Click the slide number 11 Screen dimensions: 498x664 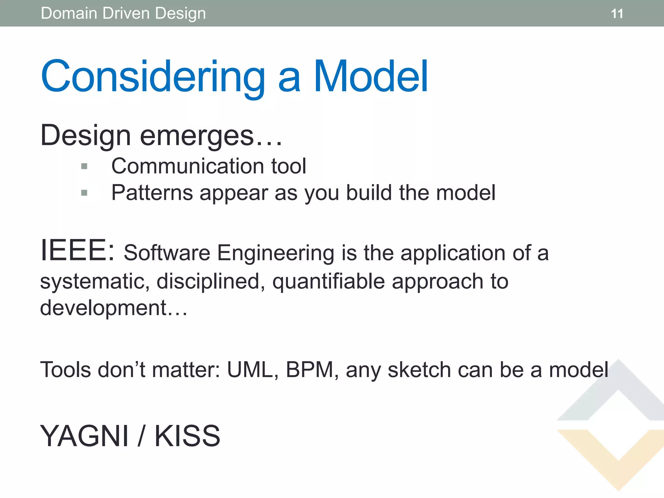[617, 14]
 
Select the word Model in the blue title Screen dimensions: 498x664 [371, 77]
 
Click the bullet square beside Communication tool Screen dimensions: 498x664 [84, 167]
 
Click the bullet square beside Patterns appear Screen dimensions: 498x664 [84, 193]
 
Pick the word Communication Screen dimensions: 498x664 [188, 166]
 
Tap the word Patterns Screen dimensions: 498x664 [152, 193]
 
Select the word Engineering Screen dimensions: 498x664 [275, 253]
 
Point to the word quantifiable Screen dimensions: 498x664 [328, 281]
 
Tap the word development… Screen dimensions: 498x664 [113, 308]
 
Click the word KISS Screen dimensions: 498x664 [187, 436]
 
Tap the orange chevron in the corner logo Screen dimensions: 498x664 [618, 460]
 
